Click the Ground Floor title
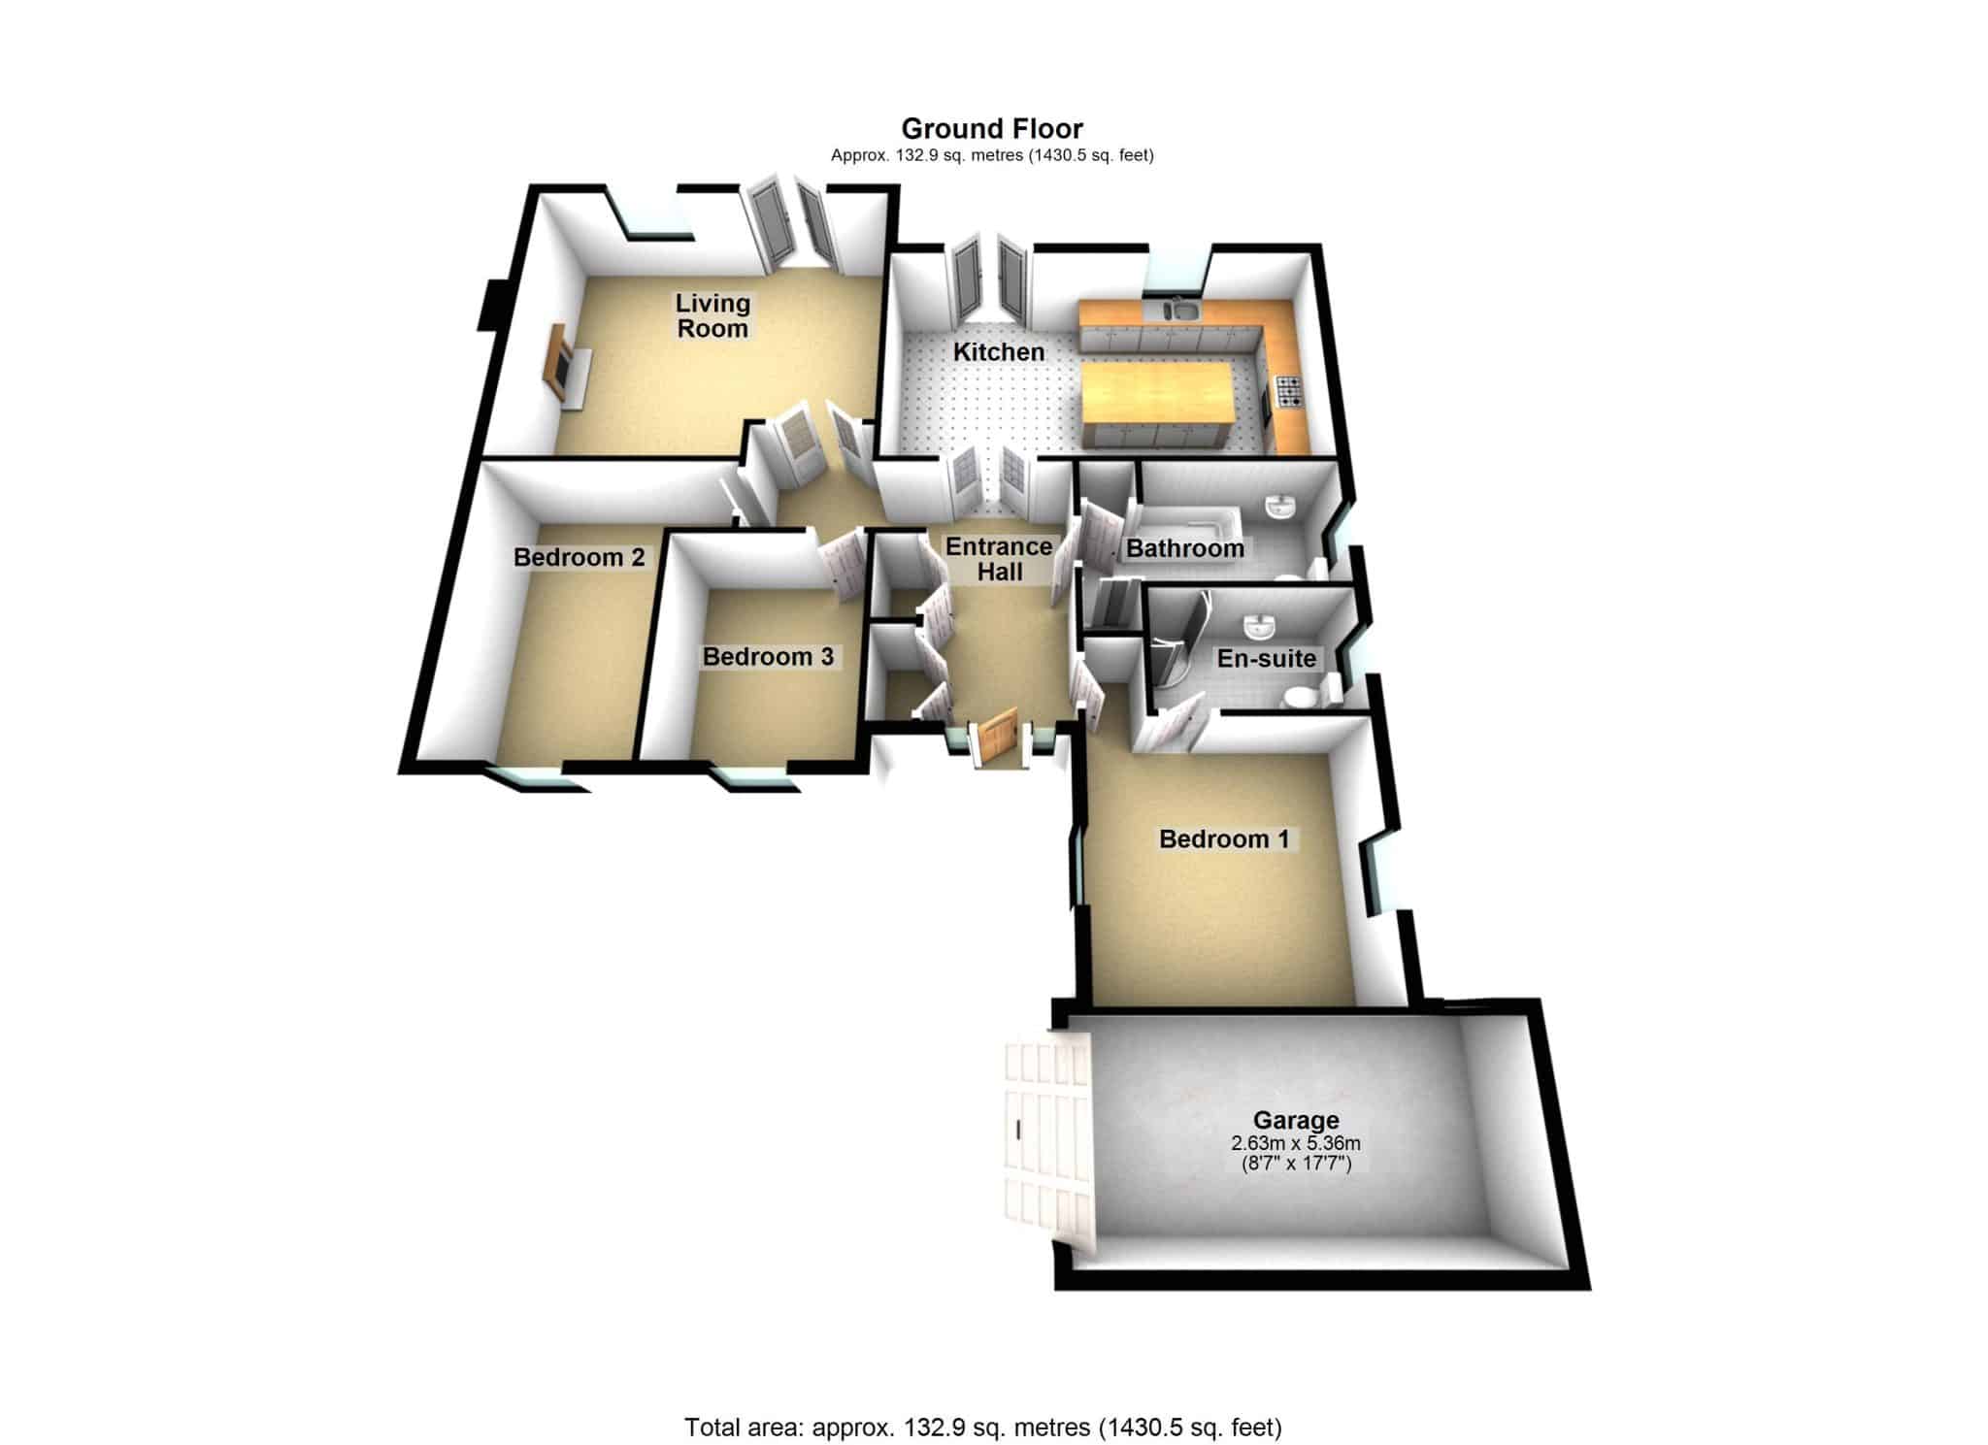point(992,128)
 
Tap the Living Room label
point(713,315)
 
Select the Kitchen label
point(999,351)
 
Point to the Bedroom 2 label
point(580,557)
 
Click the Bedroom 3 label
point(768,657)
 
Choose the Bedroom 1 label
point(1224,838)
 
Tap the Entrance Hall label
point(1000,559)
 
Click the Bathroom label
point(1185,548)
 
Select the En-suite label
point(1267,658)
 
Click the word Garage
point(1296,1121)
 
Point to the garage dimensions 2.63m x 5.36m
point(1296,1143)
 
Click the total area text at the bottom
point(982,1400)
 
